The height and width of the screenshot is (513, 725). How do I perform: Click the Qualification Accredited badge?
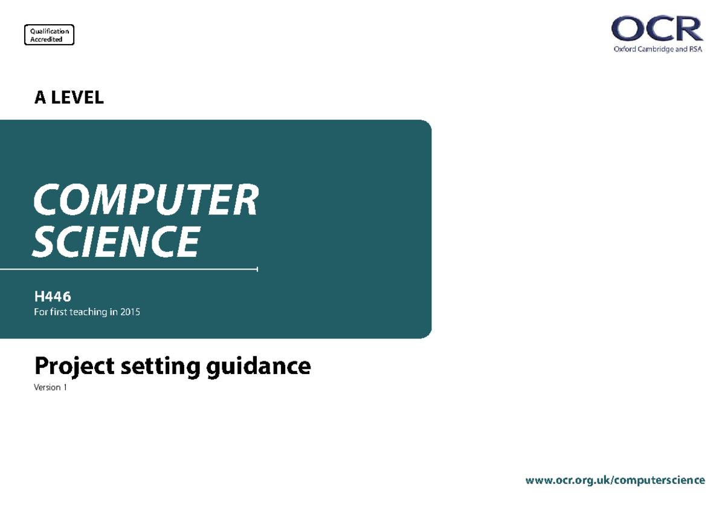pos(49,34)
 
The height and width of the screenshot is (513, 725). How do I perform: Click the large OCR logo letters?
pos(657,28)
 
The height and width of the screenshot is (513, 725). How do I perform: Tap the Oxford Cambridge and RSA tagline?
pos(658,49)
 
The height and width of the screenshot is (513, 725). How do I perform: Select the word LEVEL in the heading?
pos(77,97)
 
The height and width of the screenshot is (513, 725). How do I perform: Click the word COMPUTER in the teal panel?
pos(146,199)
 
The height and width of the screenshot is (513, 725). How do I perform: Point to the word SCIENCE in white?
pos(116,242)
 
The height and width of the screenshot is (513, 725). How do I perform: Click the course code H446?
pos(53,297)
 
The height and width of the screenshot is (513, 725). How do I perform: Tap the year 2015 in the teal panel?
pos(130,312)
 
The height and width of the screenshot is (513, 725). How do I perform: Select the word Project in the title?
pos(74,366)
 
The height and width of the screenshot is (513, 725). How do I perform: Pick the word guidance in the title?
pos(259,366)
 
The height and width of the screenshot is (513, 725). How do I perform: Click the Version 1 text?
pos(50,387)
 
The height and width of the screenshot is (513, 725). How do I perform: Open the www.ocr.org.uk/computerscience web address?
pos(615,480)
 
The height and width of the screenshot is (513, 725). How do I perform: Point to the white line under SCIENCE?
pos(129,269)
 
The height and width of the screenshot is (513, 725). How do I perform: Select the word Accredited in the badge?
pos(47,39)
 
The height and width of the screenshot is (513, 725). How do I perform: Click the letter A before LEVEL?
pos(40,97)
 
